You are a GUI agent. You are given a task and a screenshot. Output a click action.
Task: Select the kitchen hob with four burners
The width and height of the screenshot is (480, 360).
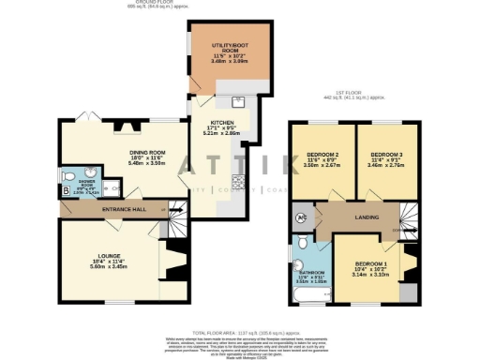pyautogui.click(x=239, y=182)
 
